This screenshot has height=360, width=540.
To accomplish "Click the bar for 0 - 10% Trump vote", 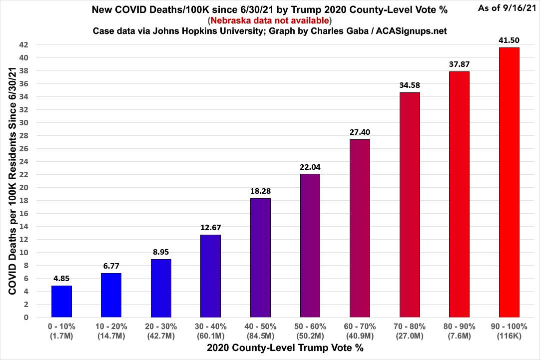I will point(62,301).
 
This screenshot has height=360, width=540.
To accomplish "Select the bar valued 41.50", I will point(509,182).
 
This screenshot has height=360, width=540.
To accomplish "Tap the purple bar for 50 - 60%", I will point(310,245).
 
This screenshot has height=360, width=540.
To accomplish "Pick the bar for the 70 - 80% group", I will point(409,205).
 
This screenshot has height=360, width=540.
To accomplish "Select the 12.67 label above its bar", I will point(210,227).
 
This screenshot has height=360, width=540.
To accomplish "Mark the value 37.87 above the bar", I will point(459,64).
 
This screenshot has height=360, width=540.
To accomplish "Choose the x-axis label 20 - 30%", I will point(161,326).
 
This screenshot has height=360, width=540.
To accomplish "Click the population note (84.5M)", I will point(260,335).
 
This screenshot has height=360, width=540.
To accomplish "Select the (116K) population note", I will point(509,335).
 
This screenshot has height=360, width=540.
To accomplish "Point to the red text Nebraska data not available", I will point(270,20).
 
